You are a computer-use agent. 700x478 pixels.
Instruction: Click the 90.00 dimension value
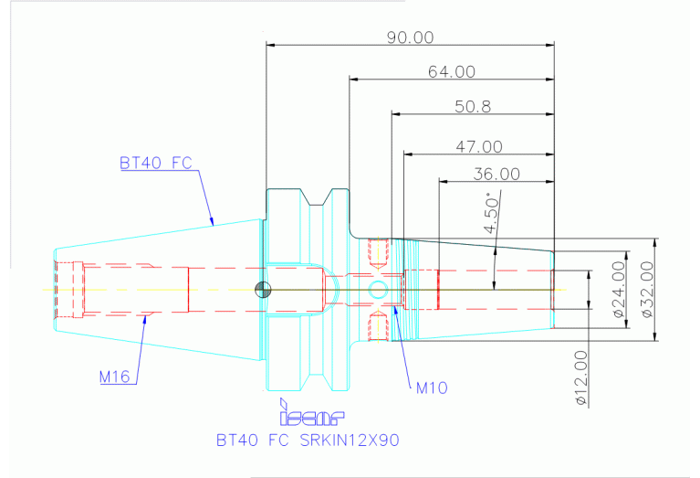coord(411,37)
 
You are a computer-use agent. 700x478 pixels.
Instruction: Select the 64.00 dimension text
coord(451,71)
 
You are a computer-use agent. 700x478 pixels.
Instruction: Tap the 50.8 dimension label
coord(473,106)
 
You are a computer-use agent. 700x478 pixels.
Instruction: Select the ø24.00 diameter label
coord(618,289)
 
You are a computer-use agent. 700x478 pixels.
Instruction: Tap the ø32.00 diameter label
coord(647,289)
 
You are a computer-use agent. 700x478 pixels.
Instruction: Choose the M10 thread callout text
coord(431,388)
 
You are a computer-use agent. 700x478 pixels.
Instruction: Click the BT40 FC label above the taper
coord(156,164)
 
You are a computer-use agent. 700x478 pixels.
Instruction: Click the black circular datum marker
coord(263,291)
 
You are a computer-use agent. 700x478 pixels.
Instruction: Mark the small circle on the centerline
coord(377,291)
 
